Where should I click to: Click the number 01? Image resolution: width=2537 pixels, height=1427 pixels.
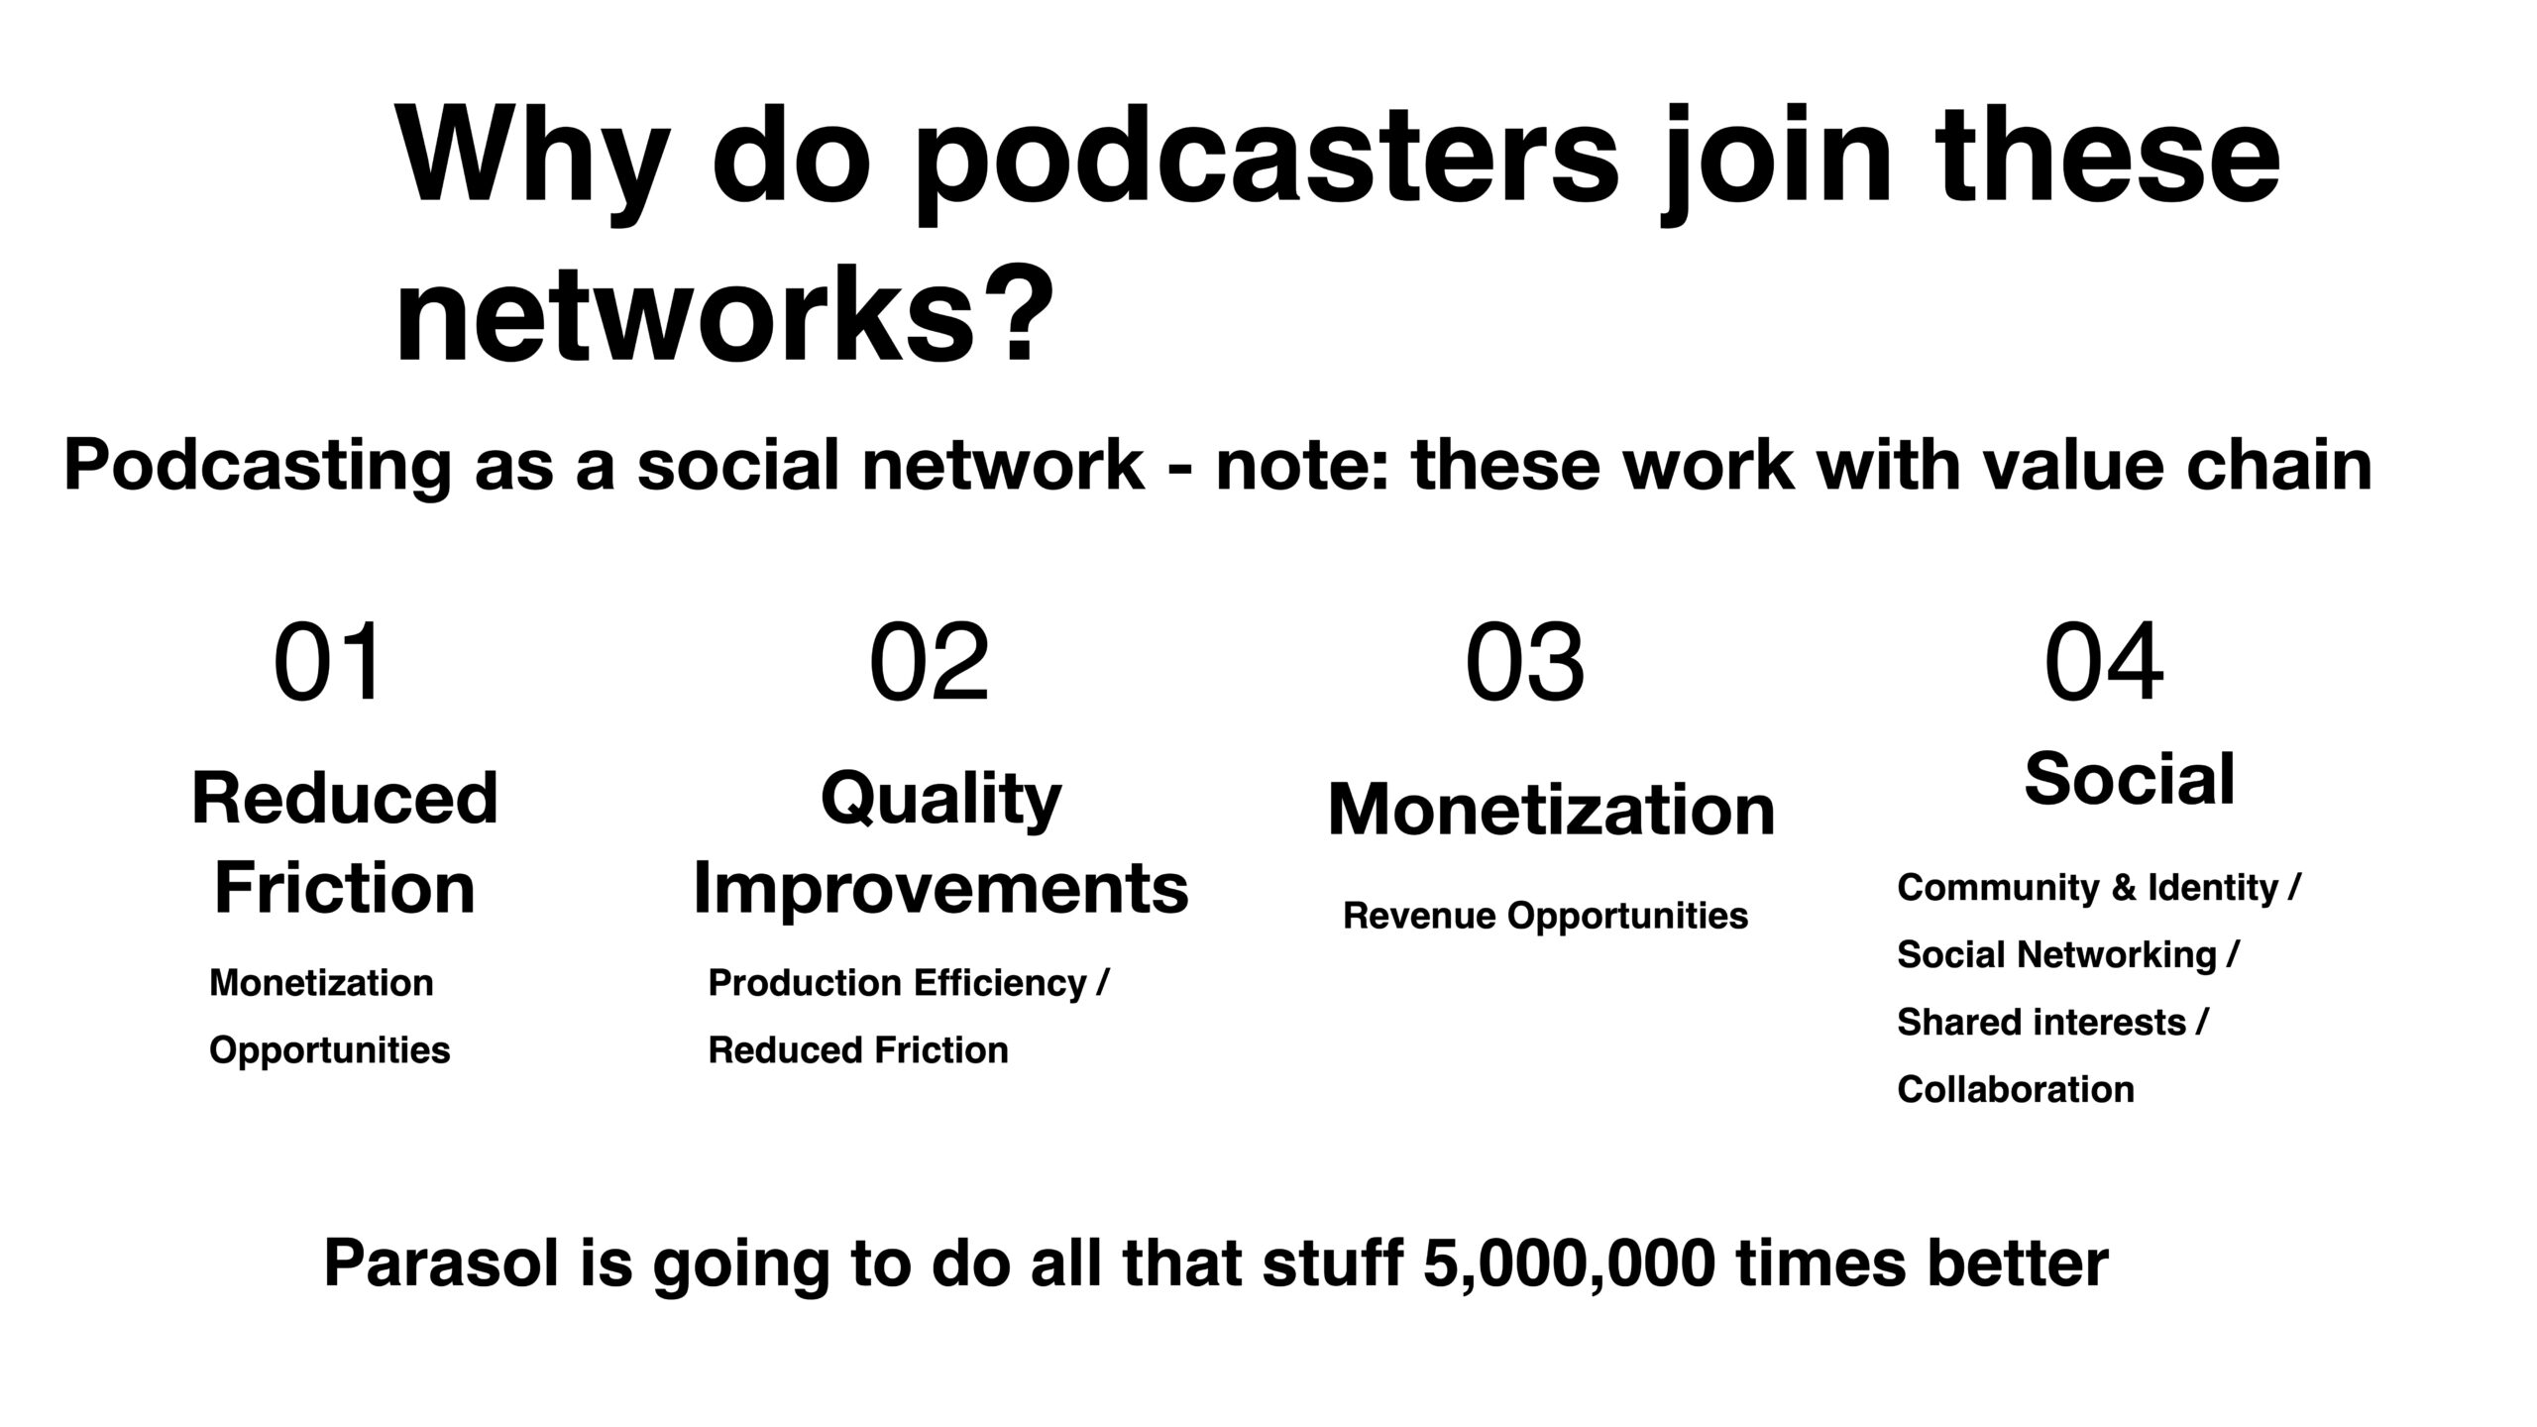point(328,662)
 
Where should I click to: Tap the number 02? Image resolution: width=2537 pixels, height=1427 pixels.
point(930,662)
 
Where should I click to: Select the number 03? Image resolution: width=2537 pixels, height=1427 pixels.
point(1525,662)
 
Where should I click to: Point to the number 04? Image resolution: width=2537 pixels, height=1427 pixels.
point(2104,662)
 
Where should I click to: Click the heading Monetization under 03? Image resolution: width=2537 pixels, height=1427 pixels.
point(1551,810)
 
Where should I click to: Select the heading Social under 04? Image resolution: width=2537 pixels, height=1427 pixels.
point(2130,779)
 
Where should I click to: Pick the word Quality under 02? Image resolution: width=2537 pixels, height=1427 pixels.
point(941,801)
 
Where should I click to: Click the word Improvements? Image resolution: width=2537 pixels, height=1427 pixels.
point(940,888)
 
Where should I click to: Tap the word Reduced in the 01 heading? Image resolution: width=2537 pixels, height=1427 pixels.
point(345,799)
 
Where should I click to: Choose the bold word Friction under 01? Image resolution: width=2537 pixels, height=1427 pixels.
point(345,887)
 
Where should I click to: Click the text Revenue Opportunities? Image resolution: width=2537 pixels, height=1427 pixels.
point(1545,916)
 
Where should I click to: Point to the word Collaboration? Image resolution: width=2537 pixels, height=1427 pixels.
point(2016,1089)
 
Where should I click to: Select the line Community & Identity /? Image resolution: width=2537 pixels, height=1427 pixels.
point(2098,888)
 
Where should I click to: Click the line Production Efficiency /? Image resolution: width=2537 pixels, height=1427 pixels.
point(908,983)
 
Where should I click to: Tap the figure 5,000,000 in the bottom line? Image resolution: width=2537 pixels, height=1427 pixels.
point(1569,1264)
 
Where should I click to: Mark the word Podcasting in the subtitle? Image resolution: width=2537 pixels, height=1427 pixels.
point(258,466)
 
